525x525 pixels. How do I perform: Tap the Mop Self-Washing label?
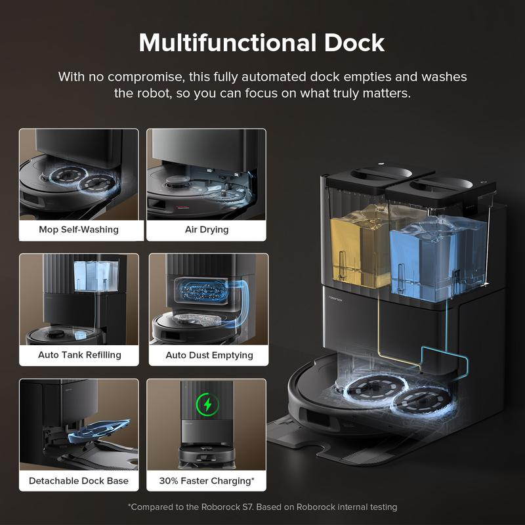[x=78, y=230]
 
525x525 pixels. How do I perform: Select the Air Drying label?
[x=206, y=230]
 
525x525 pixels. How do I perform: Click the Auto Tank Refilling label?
[x=79, y=354]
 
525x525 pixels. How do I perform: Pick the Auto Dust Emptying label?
[x=209, y=354]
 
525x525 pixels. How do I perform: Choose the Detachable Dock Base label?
[x=79, y=480]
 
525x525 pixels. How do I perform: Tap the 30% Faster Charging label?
[x=207, y=480]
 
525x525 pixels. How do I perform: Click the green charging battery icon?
[x=208, y=403]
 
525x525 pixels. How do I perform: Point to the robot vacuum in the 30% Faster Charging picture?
[x=207, y=455]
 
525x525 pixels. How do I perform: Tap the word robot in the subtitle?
[x=153, y=93]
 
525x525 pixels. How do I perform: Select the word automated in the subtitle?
[x=296, y=76]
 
